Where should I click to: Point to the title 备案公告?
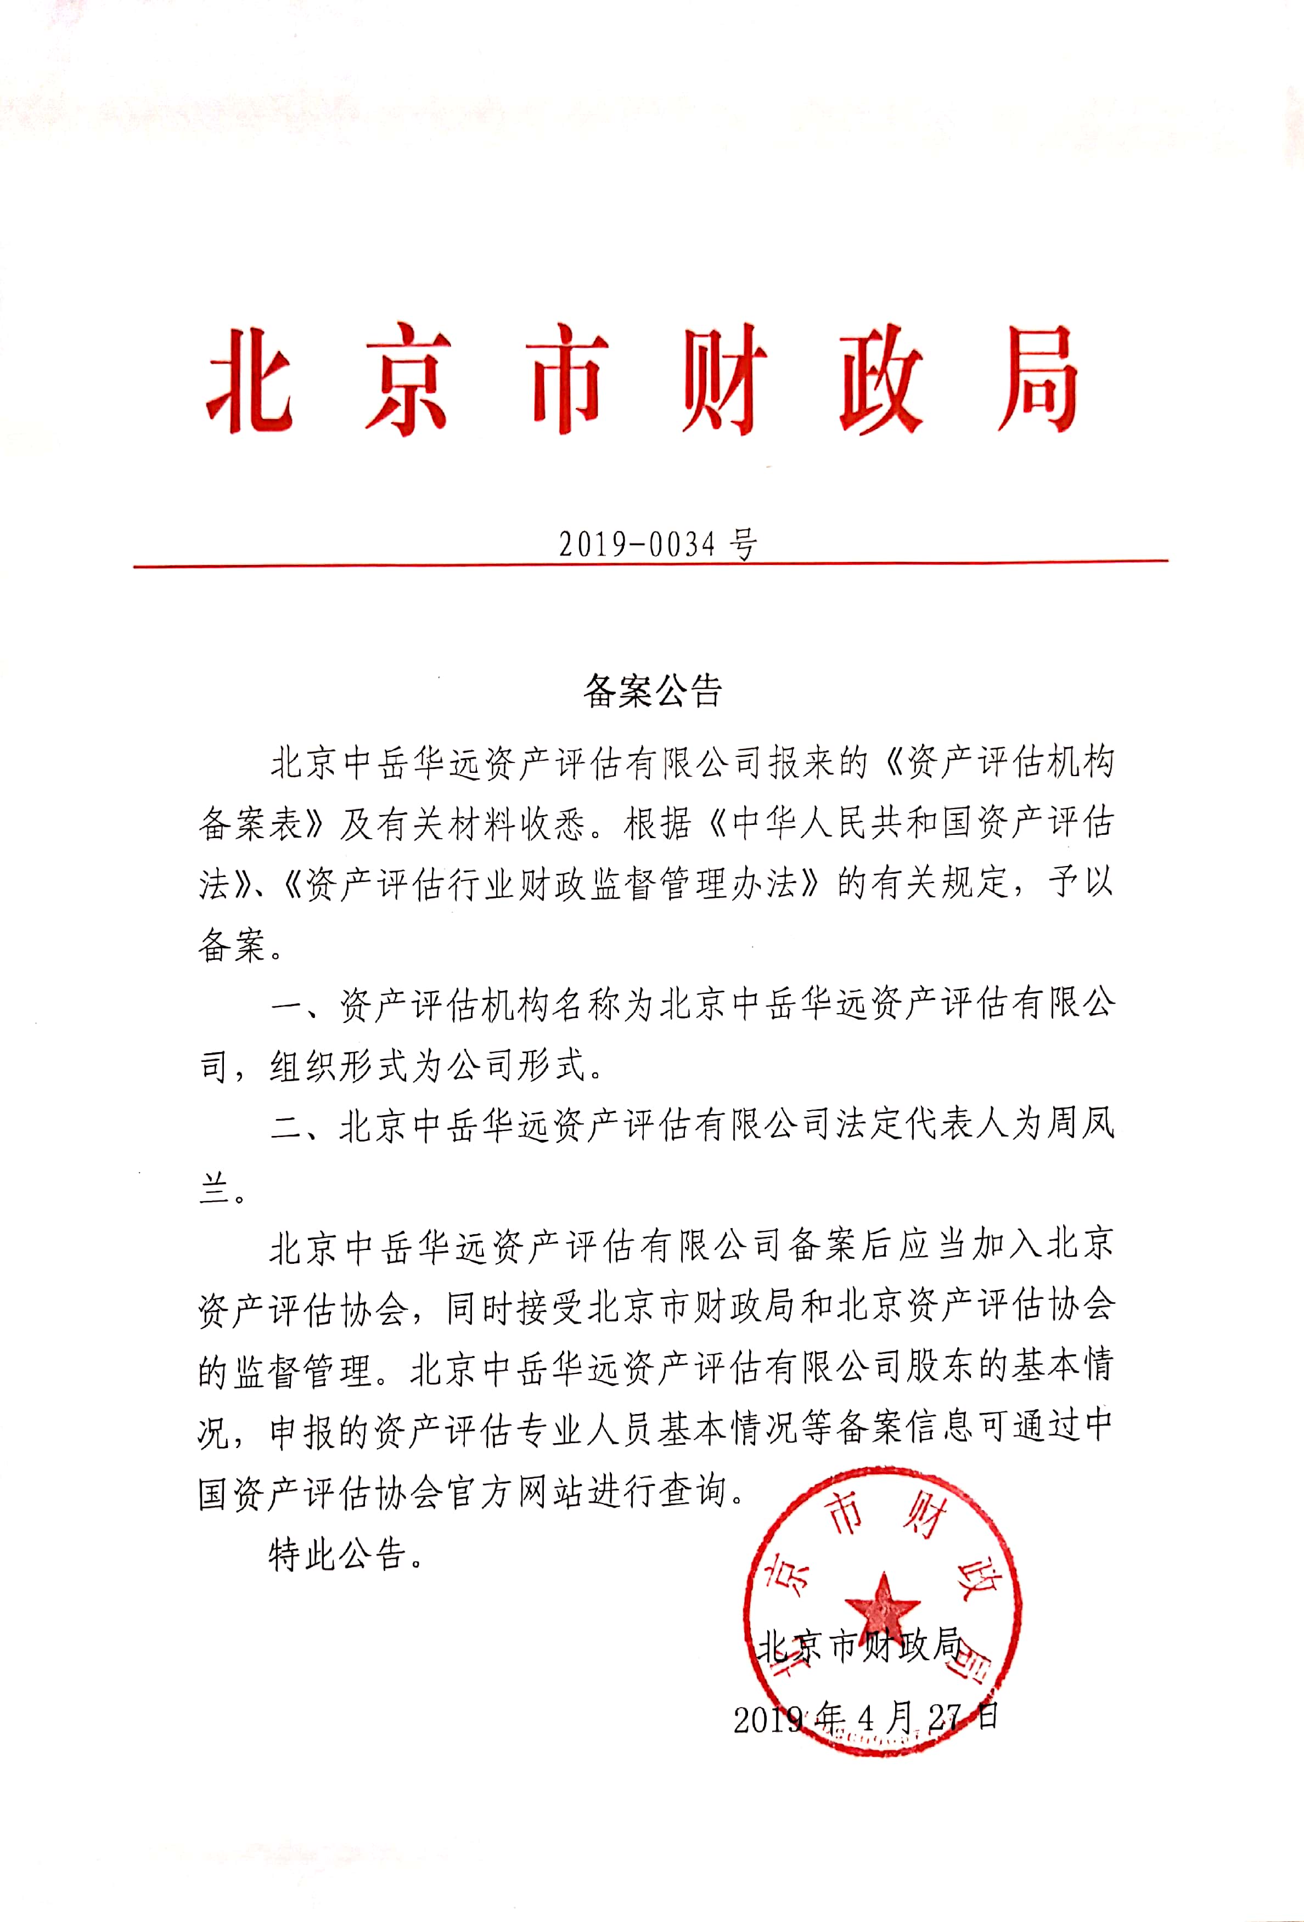653,691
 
